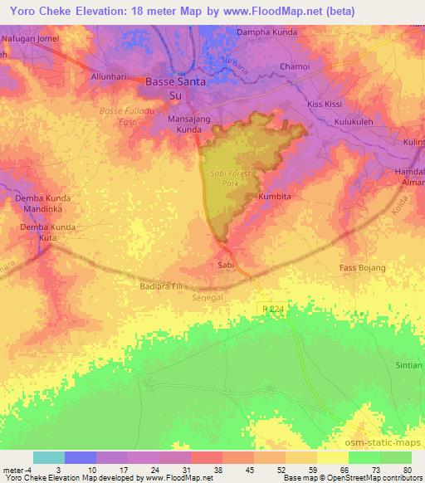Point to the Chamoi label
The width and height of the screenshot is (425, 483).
(x=294, y=66)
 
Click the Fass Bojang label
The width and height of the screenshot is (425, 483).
(x=363, y=268)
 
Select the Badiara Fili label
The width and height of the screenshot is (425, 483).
(x=159, y=285)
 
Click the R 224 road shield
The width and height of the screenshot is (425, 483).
(x=272, y=308)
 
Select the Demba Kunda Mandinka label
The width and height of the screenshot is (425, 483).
(x=46, y=205)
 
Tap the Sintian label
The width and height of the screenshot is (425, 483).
(x=408, y=364)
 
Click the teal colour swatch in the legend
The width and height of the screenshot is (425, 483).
(x=49, y=457)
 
